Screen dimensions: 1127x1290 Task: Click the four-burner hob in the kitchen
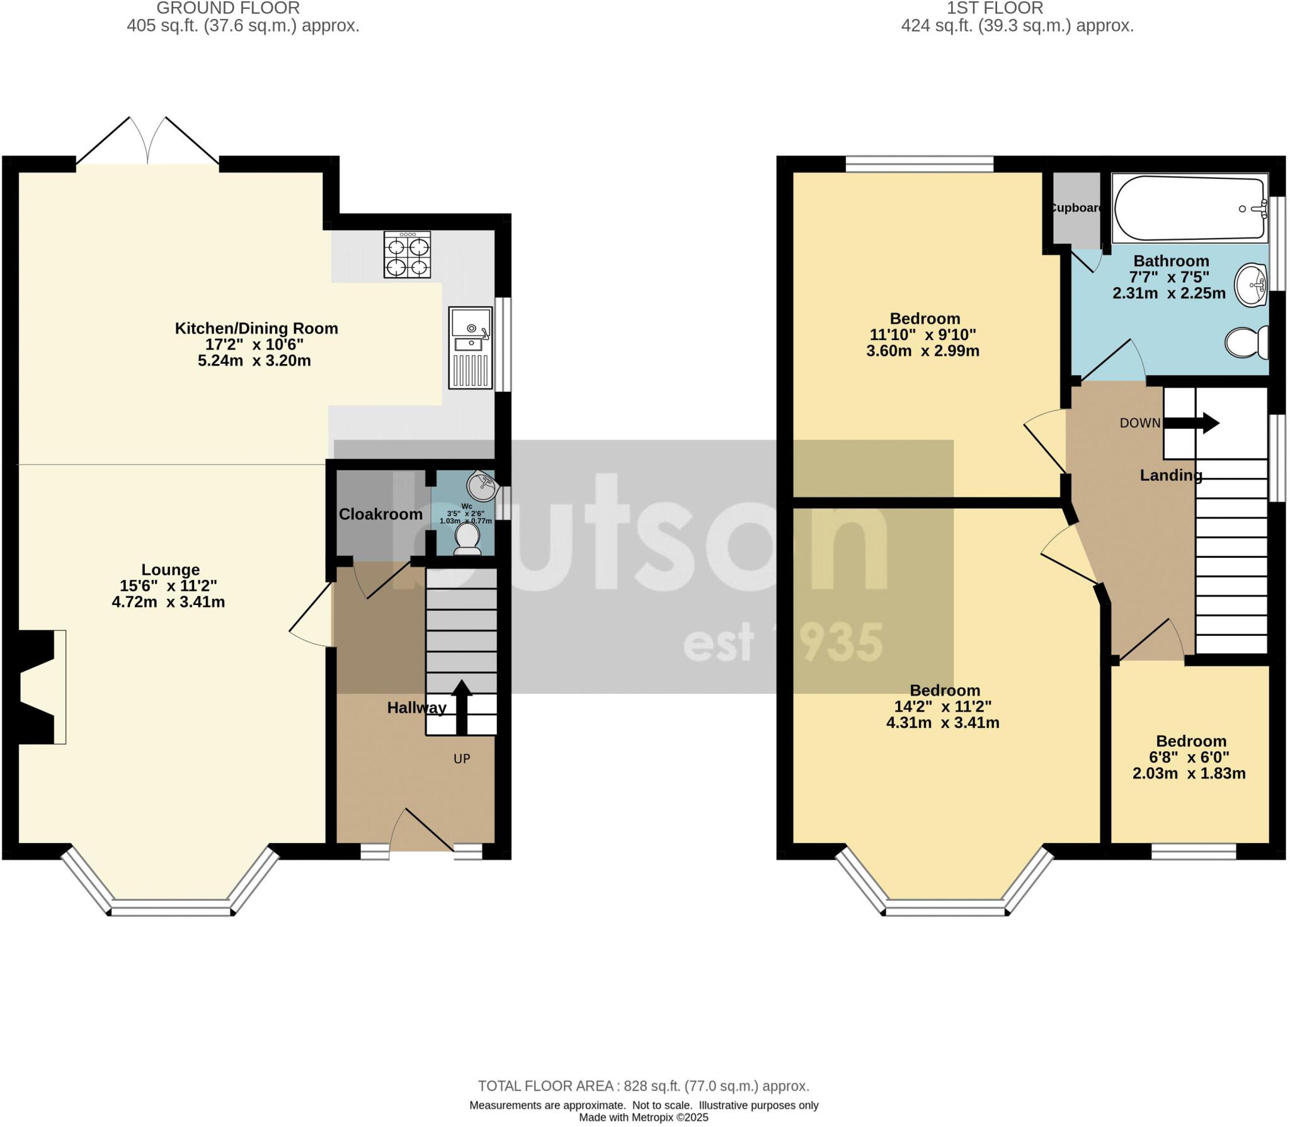[408, 255]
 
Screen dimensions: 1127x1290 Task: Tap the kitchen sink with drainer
[470, 348]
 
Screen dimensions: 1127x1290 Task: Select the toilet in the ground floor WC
[467, 540]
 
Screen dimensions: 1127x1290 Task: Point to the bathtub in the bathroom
[1189, 208]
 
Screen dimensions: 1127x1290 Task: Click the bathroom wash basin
[1251, 286]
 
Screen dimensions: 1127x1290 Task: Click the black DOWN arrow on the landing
[1191, 423]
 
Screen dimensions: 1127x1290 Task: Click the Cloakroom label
[380, 514]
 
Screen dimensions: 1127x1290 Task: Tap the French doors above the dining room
[148, 142]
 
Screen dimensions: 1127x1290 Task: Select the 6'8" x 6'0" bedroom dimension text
[1190, 757]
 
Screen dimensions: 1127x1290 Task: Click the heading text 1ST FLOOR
[995, 9]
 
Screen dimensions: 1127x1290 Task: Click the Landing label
[1170, 475]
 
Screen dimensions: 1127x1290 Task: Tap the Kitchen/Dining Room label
[256, 328]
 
